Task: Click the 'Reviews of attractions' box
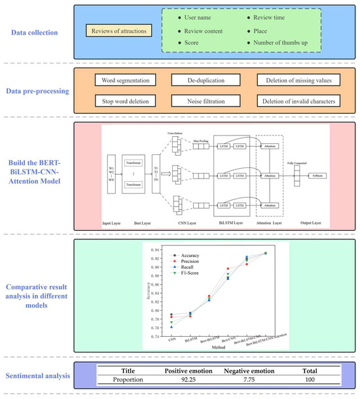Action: (118, 30)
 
